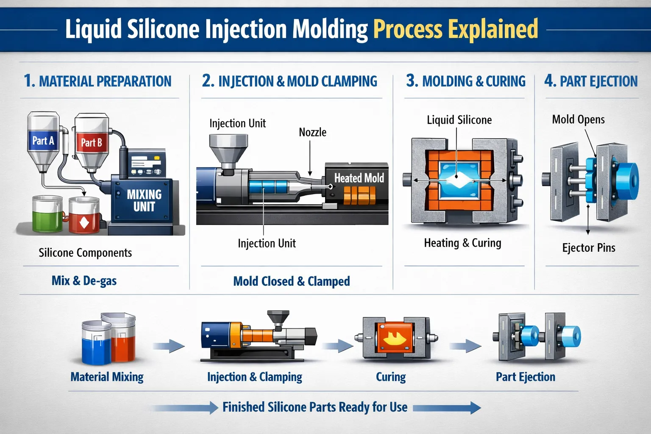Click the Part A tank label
(x=43, y=141)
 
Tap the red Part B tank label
(x=91, y=142)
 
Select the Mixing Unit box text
(x=144, y=200)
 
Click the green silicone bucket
(x=47, y=214)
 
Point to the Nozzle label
(x=312, y=132)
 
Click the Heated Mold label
(x=359, y=178)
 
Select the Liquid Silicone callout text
(x=459, y=120)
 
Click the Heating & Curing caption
(x=462, y=243)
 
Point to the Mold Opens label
(x=578, y=120)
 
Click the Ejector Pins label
(x=588, y=248)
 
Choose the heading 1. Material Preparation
(x=97, y=81)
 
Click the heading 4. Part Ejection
(x=591, y=81)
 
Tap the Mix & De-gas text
(x=84, y=281)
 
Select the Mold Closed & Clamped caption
(x=292, y=281)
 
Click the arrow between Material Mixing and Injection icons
(x=169, y=346)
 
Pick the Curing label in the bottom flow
(x=391, y=377)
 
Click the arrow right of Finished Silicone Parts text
(x=447, y=408)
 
